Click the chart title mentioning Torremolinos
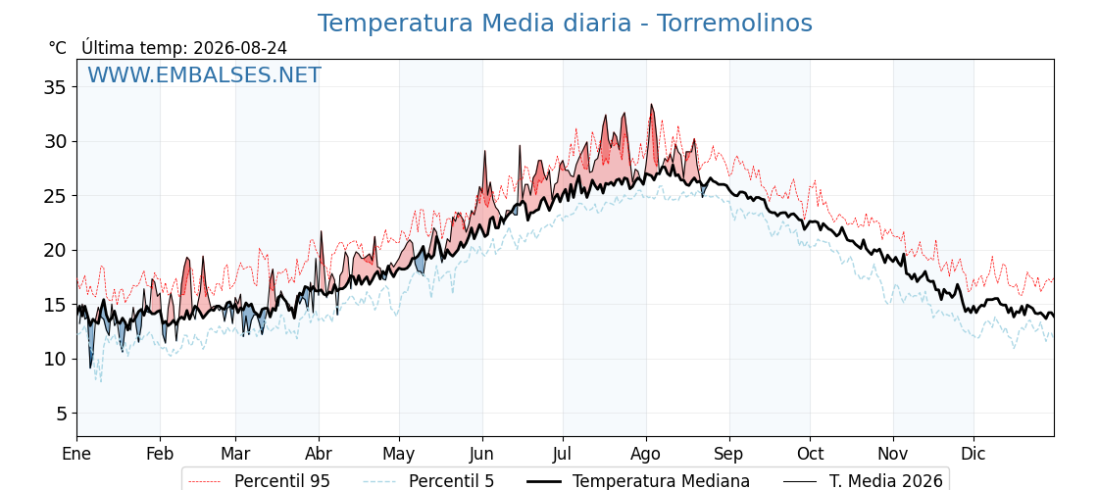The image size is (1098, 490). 565,24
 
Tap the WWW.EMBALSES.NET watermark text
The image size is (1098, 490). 205,74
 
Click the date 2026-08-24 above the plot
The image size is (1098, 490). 240,48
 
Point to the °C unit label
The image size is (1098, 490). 58,48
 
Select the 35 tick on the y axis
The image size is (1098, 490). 55,87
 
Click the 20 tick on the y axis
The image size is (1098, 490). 55,251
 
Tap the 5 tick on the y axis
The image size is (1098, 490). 61,414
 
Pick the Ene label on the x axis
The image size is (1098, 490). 76,454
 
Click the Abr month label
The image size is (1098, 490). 319,454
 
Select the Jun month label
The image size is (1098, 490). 482,454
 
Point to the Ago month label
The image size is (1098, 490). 646,454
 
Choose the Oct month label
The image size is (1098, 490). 810,454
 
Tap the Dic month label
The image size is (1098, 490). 973,454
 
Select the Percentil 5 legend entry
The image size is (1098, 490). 429,481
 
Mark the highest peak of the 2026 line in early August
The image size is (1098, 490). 651,105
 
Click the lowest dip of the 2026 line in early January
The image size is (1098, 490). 89,367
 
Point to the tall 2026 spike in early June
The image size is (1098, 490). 484,151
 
